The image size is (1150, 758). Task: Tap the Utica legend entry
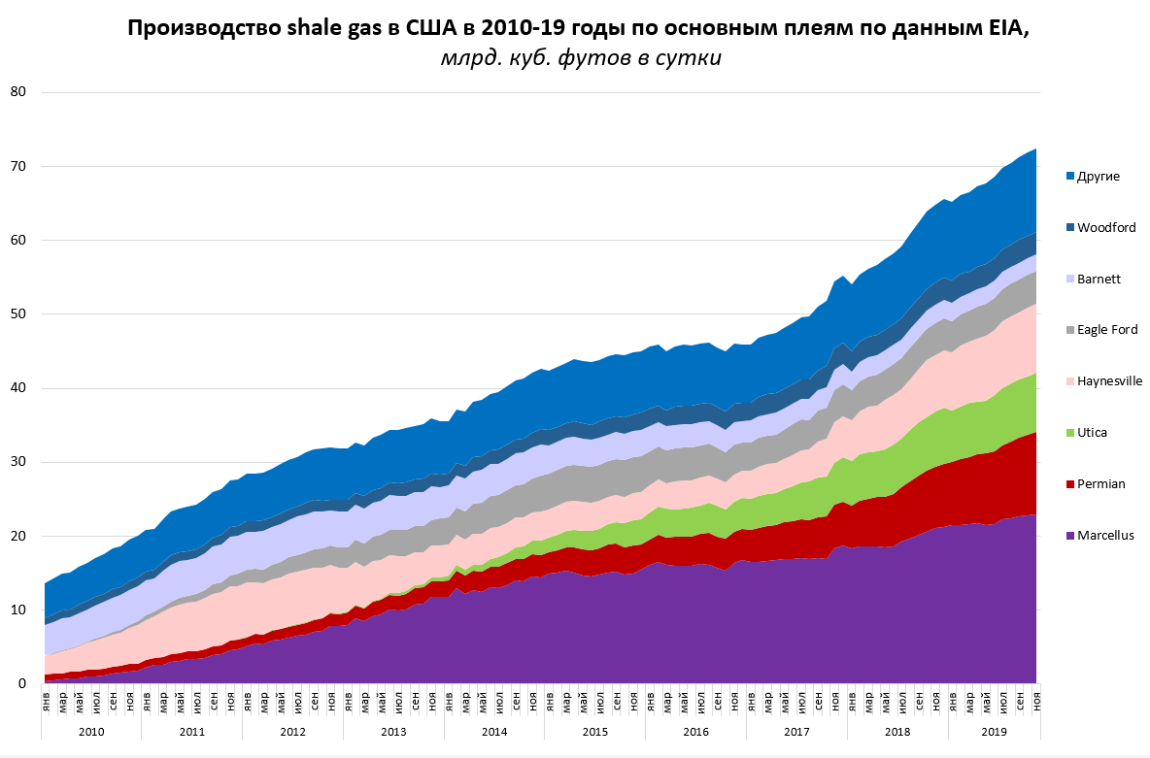point(1092,432)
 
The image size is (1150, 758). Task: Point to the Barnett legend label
point(1099,279)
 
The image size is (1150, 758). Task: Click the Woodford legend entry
point(1105,227)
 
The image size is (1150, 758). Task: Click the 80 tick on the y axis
point(18,92)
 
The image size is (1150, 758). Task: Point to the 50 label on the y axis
point(18,314)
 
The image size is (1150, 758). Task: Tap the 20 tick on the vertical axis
point(18,536)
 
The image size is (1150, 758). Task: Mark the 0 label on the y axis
point(21,684)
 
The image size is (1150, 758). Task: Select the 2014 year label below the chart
point(494,731)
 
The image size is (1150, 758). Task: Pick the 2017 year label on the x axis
point(796,731)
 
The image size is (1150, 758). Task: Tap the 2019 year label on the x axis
point(994,731)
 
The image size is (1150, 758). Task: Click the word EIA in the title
point(1006,28)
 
